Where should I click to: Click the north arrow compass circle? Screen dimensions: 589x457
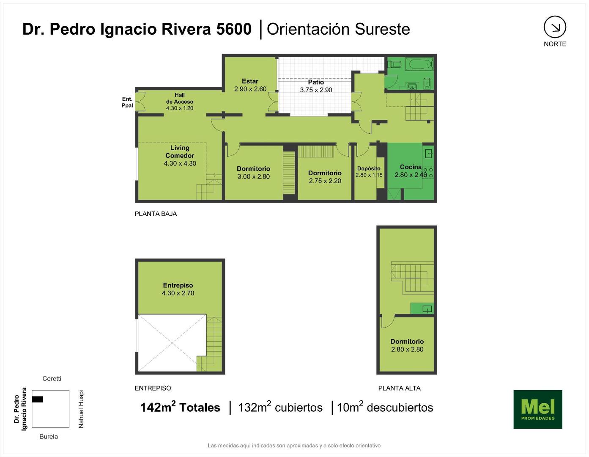tap(555, 17)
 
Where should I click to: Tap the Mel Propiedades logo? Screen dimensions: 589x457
tap(538, 409)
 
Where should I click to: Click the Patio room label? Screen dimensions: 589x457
tap(316, 82)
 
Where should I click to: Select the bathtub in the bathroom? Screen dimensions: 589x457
tap(420, 64)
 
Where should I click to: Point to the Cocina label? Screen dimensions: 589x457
tap(411, 167)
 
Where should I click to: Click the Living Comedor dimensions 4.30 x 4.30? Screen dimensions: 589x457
tap(180, 163)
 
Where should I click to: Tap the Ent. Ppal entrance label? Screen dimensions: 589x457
tap(127, 102)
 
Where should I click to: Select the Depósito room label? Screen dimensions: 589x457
tap(369, 168)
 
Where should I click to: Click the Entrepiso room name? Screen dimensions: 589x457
tap(178, 285)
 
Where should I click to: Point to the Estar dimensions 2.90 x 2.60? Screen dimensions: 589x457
tap(250, 89)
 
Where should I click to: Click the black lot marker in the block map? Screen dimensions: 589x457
tap(37, 399)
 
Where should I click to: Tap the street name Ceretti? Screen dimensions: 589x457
tap(52, 379)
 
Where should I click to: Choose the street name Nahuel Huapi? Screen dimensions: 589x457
tap(81, 409)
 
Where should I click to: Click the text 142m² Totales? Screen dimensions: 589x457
tap(180, 407)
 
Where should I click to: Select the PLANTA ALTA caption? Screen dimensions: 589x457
tap(399, 388)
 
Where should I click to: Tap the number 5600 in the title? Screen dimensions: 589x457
tap(234, 29)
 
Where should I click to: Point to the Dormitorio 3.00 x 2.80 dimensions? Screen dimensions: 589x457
tap(254, 176)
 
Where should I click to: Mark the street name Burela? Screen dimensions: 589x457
tap(49, 436)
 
